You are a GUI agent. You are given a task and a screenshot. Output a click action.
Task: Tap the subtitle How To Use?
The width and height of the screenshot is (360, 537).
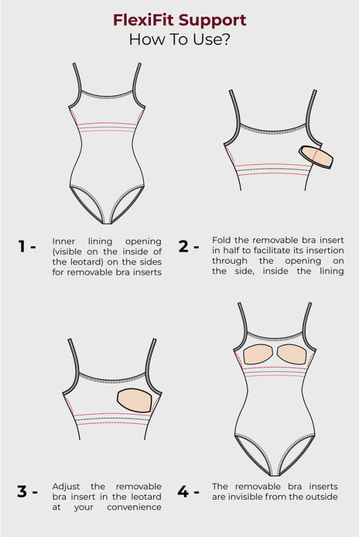179,40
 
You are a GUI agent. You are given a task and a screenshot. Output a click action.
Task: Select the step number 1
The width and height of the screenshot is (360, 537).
23,246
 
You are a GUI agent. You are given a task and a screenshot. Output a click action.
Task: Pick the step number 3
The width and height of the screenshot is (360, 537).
23,492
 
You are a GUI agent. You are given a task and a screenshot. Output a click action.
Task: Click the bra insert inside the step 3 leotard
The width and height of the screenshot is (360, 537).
138,401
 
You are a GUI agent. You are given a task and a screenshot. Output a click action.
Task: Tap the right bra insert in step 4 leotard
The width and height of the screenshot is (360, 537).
294,353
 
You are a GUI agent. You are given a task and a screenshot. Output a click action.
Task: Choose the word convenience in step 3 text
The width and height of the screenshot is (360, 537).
134,507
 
